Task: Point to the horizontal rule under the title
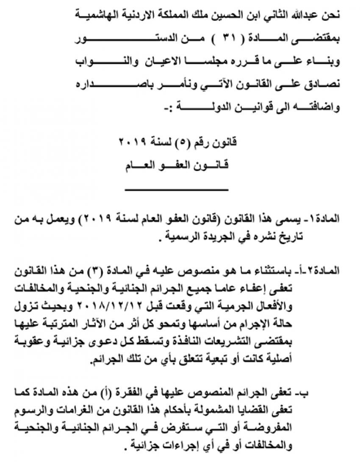177,189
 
